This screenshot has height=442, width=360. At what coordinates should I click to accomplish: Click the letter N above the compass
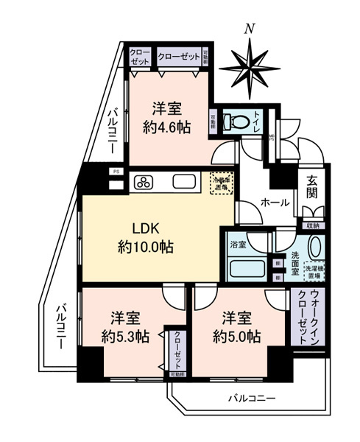(x=250, y=29)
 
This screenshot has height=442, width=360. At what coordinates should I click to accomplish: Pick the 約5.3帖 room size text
(x=125, y=337)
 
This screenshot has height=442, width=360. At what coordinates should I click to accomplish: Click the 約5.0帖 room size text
(x=236, y=337)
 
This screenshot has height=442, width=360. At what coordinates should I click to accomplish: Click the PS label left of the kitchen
(x=115, y=172)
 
